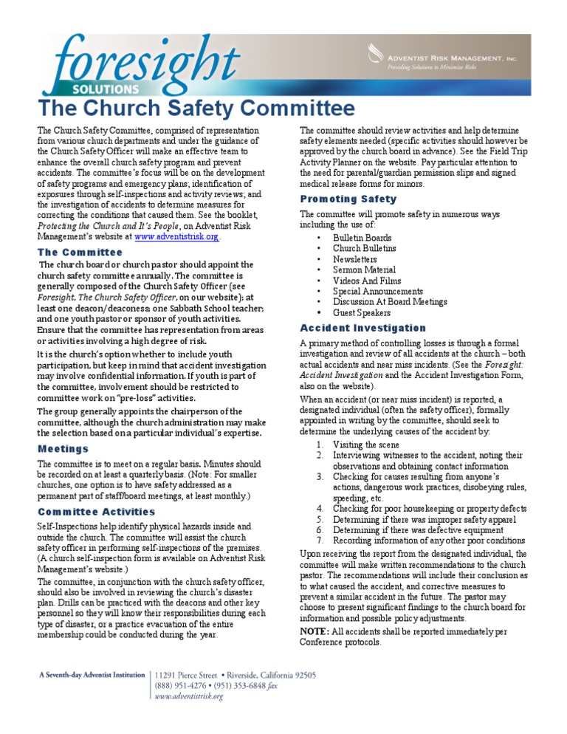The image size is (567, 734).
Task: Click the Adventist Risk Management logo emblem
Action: pos(374,53)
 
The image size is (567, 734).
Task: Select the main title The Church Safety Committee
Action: pos(196,109)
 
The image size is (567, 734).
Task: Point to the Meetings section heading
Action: pos(63,448)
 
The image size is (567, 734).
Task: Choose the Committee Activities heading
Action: pos(96,512)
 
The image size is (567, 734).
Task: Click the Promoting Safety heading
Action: pos(348,199)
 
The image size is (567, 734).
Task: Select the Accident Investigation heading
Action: pos(362,328)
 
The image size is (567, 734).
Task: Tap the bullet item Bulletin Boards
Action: pos(362,238)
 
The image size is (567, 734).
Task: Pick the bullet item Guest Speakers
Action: pos(361,312)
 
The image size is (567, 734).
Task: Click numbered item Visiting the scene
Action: pos(366,445)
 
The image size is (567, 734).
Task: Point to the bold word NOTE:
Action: pos(314,631)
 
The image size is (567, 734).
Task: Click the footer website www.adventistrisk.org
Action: pos(189,696)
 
